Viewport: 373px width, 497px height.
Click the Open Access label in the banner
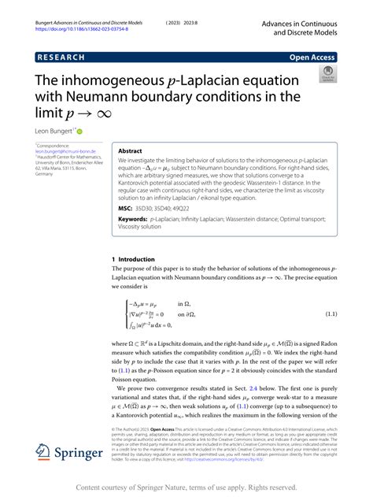(x=312, y=57)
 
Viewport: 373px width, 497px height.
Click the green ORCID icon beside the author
(x=79, y=131)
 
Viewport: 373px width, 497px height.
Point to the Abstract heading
(x=131, y=151)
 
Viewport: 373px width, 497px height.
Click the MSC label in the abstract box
(x=125, y=208)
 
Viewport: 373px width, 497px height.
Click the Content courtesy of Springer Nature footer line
(x=186, y=488)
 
